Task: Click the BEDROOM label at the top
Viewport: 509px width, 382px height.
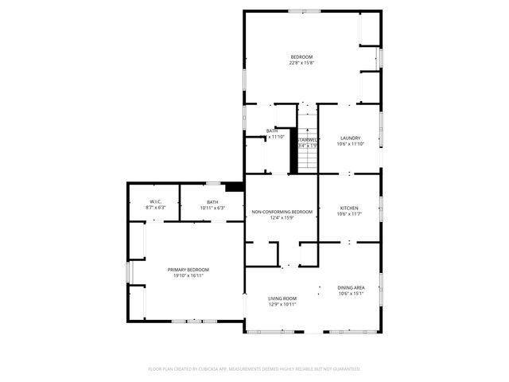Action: click(301, 57)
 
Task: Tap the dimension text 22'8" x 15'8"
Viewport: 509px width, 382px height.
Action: click(301, 63)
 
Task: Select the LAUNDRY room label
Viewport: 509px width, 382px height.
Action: click(351, 138)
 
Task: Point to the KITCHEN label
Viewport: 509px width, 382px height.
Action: click(350, 208)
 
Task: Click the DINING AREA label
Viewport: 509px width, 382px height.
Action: click(351, 287)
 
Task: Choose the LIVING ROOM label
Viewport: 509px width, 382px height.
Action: click(282, 298)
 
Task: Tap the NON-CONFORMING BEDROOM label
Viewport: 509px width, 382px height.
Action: click(282, 212)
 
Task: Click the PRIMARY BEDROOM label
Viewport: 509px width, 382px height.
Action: click(188, 270)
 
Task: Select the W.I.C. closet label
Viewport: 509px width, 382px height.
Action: click(156, 202)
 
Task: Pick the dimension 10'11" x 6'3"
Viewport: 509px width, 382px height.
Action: click(212, 209)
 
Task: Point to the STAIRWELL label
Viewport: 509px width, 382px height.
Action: click(308, 138)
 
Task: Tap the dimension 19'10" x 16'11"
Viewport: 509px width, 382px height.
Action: click(188, 276)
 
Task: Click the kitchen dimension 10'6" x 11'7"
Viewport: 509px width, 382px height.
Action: click(350, 214)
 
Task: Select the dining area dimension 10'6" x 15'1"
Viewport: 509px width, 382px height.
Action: click(351, 294)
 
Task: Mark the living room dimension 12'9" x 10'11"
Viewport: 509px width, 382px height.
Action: click(282, 304)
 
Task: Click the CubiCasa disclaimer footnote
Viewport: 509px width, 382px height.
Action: click(254, 368)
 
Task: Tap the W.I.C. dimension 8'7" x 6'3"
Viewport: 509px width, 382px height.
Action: click(156, 209)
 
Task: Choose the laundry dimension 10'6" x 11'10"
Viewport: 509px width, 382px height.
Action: click(351, 144)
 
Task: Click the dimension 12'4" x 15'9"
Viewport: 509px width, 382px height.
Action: click(282, 218)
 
